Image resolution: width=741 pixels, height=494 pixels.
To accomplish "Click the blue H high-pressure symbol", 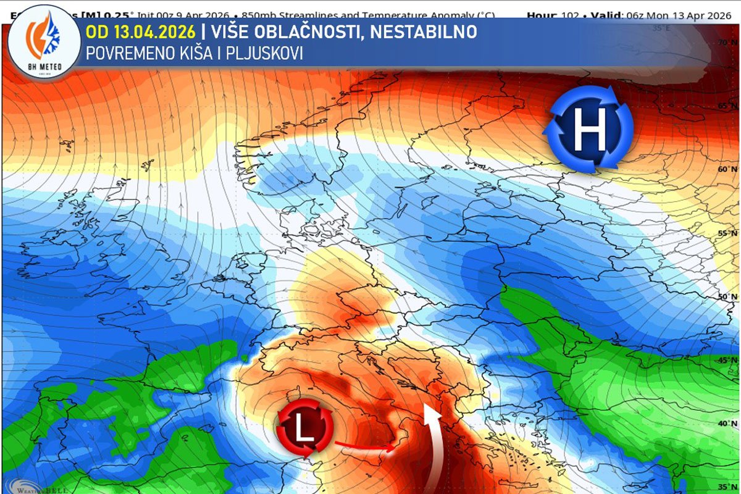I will (588, 130).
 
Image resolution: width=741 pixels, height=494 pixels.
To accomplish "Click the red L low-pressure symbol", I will (306, 429).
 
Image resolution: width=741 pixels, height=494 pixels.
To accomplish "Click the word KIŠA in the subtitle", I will (190, 54).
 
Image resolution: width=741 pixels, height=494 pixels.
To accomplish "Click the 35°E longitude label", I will (662, 28).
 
